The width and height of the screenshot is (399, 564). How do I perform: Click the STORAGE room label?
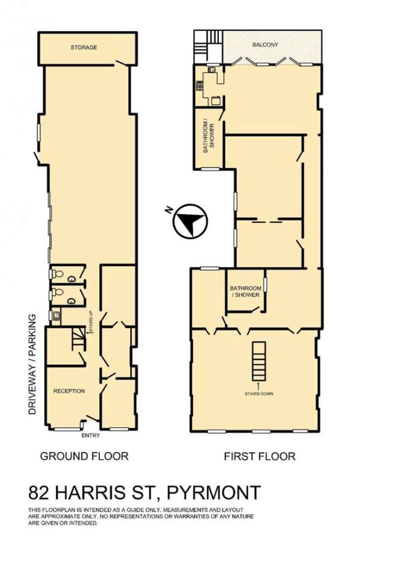(84, 47)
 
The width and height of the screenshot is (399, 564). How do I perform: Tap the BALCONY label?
(265, 45)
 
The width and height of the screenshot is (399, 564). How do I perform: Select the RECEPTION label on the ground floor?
(69, 391)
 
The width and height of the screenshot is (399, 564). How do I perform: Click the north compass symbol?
(190, 221)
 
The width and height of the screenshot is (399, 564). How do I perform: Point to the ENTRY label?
(90, 436)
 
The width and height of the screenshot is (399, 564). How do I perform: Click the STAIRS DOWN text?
(259, 394)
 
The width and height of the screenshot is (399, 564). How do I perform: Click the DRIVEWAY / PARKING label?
(33, 364)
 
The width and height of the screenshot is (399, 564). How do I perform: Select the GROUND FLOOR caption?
(84, 456)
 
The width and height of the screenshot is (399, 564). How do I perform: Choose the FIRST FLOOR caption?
(260, 457)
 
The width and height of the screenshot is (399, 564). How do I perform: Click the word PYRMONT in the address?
(213, 492)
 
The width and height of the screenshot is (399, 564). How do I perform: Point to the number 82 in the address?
(38, 493)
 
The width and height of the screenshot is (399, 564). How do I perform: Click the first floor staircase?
(259, 361)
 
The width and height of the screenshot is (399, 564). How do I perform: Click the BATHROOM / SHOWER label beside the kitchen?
(209, 138)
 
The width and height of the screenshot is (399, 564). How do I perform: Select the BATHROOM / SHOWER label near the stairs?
(246, 291)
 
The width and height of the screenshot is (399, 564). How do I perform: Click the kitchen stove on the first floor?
(199, 85)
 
